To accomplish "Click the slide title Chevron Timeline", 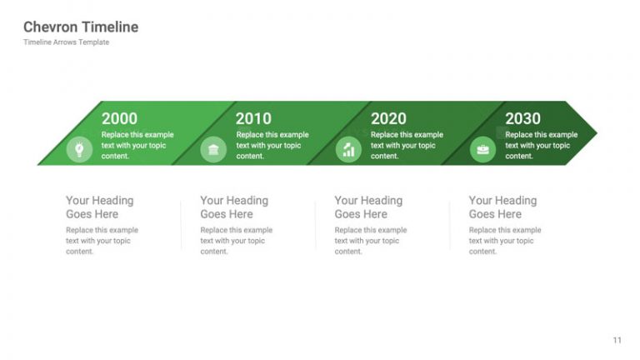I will click(81, 27).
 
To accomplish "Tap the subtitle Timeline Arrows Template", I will click(66, 42).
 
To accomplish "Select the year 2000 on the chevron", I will click(119, 119).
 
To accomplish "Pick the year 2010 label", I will click(253, 119).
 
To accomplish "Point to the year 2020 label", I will click(388, 119).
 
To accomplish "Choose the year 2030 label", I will click(522, 119).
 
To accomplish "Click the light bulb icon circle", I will click(79, 150).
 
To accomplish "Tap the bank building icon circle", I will click(213, 150).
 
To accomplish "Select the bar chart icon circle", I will click(348, 150).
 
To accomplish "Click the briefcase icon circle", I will click(482, 150).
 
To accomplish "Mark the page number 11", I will click(617, 340).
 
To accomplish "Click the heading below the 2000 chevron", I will click(99, 207).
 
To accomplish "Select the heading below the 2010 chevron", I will click(234, 207).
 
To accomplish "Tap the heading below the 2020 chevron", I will click(368, 207).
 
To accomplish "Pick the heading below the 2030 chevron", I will click(502, 207).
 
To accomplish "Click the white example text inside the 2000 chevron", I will click(137, 145).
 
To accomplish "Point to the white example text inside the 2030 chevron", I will click(541, 145).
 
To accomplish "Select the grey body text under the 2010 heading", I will click(236, 241).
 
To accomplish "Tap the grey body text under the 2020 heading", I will click(370, 241).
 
